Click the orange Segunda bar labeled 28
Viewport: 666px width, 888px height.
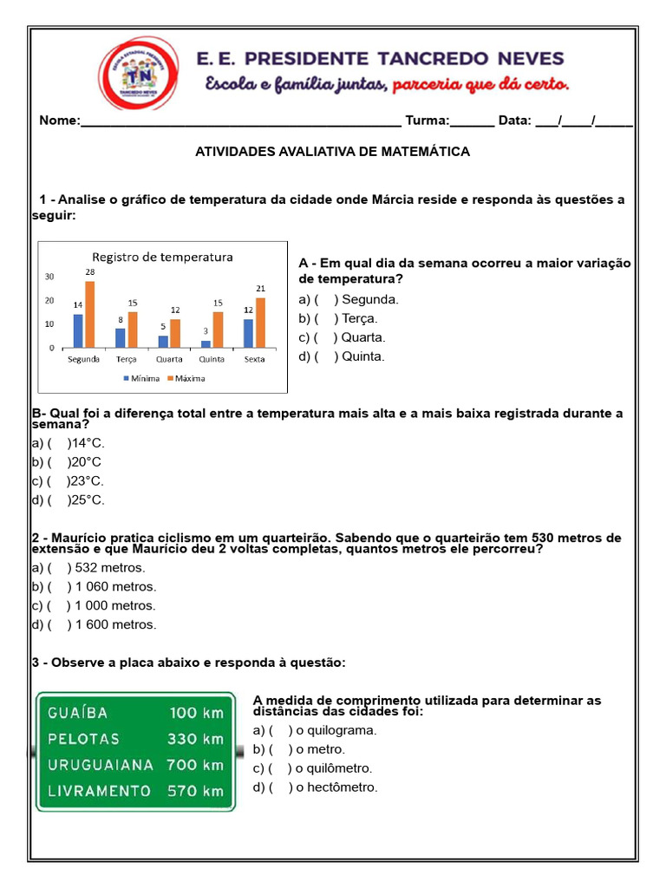(x=89, y=315)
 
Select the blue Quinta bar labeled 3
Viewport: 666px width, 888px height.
(x=206, y=343)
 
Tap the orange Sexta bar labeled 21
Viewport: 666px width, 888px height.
(x=260, y=323)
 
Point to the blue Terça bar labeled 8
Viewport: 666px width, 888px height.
(x=121, y=337)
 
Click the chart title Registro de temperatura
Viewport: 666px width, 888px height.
(x=162, y=257)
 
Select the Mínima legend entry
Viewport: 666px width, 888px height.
(x=142, y=378)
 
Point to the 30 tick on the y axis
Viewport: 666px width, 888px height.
(x=49, y=277)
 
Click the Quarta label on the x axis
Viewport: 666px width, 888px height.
(x=169, y=359)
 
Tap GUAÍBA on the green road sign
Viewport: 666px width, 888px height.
(x=78, y=713)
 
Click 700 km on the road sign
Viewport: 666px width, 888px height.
(x=195, y=765)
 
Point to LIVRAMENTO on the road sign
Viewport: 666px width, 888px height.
(x=99, y=791)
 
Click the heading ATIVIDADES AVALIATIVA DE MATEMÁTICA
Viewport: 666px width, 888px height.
(x=332, y=152)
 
